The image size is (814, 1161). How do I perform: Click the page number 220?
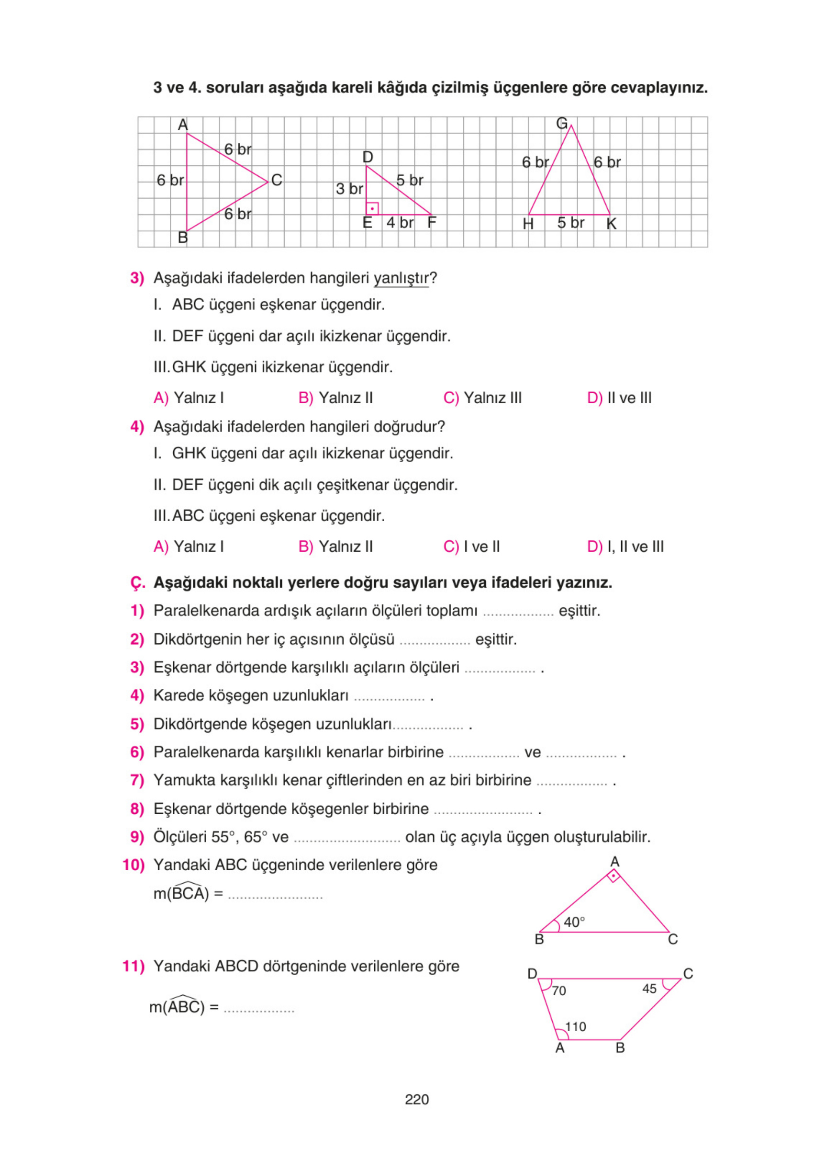[416, 1099]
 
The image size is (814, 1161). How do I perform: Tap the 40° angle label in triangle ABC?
[574, 922]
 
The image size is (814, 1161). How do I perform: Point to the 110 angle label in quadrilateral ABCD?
[575, 1026]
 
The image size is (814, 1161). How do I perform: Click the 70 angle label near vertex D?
[558, 990]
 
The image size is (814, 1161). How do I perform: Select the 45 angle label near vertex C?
[649, 989]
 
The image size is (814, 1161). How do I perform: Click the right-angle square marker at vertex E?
[372, 208]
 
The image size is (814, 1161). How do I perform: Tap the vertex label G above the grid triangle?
[561, 123]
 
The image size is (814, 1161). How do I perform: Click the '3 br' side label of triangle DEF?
[349, 189]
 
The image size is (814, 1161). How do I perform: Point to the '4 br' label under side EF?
[400, 223]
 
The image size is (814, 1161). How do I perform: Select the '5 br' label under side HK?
[570, 223]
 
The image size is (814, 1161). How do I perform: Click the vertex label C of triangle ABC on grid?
[277, 180]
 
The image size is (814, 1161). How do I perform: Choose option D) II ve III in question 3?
[619, 398]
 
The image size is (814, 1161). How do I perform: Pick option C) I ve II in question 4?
[471, 546]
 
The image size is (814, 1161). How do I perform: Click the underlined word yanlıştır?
[401, 278]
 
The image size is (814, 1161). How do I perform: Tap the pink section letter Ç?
[137, 583]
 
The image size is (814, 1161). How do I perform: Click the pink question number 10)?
[134, 865]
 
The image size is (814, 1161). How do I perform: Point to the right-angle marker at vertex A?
[613, 876]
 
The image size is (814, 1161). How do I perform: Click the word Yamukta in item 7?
[184, 780]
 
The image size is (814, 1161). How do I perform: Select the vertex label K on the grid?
[611, 224]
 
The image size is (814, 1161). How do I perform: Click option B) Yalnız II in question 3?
[335, 398]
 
